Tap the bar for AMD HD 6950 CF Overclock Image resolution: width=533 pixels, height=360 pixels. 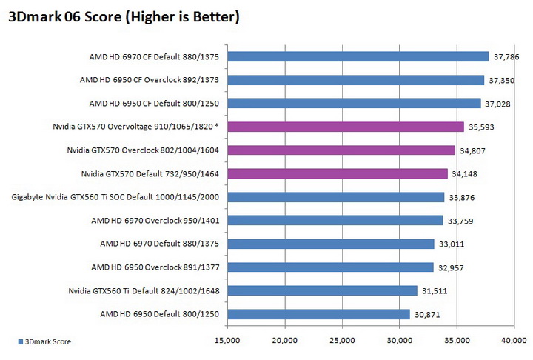point(355,80)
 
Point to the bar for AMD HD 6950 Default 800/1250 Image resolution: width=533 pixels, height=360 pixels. point(318,314)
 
